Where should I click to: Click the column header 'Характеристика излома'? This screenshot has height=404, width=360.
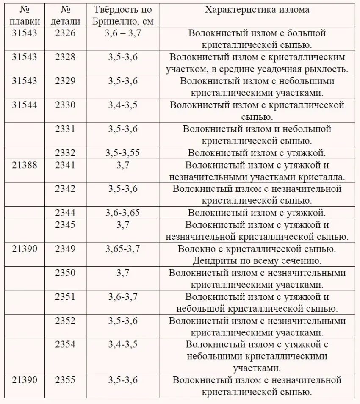[257, 9]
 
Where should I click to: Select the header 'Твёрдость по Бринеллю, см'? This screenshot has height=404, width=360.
[122, 15]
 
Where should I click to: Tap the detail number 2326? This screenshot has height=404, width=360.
[65, 33]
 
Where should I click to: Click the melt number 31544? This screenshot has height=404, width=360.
[25, 105]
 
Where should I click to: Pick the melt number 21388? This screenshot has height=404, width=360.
[25, 165]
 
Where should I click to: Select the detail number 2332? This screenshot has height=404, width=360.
[65, 153]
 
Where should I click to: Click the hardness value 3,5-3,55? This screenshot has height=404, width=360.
[123, 153]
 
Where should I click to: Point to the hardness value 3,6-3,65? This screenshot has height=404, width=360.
[123, 213]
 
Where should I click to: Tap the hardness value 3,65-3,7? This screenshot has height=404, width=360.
[123, 249]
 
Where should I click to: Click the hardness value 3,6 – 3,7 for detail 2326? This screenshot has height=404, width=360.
[123, 33]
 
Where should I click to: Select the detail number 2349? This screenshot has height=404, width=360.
[65, 249]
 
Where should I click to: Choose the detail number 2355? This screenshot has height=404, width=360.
[65, 380]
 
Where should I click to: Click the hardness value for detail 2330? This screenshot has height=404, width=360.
[123, 105]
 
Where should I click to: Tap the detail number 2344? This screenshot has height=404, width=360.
[65, 213]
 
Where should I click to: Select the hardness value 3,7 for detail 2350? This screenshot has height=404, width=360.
[123, 273]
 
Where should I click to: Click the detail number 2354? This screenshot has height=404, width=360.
[65, 344]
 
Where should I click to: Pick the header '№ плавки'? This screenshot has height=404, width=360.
[25, 15]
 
